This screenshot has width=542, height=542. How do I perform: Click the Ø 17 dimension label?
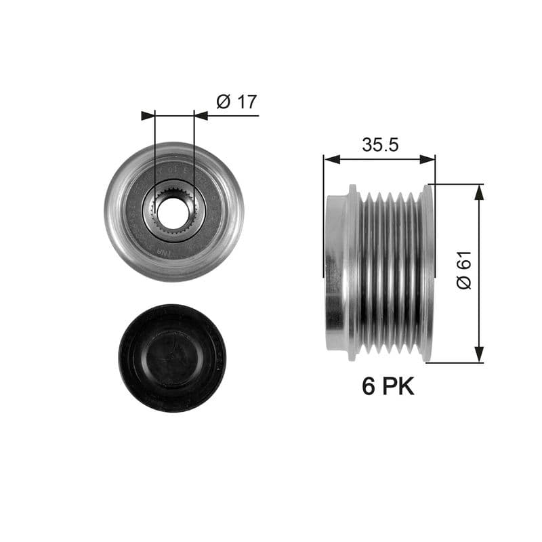pyautogui.click(x=236, y=102)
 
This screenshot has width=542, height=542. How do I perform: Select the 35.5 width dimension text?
pyautogui.click(x=379, y=144)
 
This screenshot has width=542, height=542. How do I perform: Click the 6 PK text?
pyautogui.click(x=388, y=386)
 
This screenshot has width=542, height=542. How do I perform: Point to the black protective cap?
pyautogui.click(x=172, y=358)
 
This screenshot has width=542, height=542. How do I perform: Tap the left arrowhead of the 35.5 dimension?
pyautogui.click(x=330, y=159)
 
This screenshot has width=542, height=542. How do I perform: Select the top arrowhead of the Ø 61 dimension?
pyautogui.click(x=480, y=192)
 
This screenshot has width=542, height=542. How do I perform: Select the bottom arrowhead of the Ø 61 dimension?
pyautogui.click(x=480, y=354)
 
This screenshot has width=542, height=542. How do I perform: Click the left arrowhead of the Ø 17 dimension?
pyautogui.click(x=148, y=116)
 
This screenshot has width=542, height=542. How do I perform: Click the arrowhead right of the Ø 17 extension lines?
pyautogui.click(x=201, y=116)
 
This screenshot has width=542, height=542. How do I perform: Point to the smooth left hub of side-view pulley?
pyautogui.click(x=337, y=271)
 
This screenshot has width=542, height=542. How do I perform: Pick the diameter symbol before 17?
pyautogui.click(x=224, y=102)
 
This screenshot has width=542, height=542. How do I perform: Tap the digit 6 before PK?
pyautogui.click(x=369, y=386)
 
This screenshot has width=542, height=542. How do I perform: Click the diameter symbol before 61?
pyautogui.click(x=463, y=282)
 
